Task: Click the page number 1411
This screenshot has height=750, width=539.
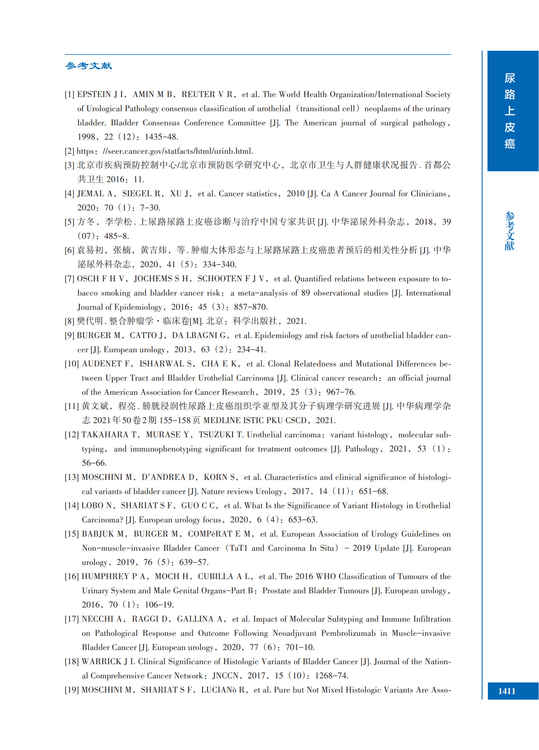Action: tap(507, 691)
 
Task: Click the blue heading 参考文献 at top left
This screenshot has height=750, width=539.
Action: tap(88, 66)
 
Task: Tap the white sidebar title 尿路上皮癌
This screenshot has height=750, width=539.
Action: tap(510, 111)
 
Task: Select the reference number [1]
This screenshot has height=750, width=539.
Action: tap(69, 95)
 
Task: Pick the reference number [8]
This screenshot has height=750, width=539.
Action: tap(69, 321)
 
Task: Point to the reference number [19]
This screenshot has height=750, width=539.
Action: tap(72, 690)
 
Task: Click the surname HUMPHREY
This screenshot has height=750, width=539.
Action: tap(105, 576)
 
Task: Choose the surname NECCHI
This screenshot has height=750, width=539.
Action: tap(97, 619)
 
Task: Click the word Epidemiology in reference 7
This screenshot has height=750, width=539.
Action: tap(138, 307)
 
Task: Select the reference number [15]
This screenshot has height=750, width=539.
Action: tap(72, 534)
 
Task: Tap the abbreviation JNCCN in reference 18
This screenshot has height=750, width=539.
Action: tap(225, 676)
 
